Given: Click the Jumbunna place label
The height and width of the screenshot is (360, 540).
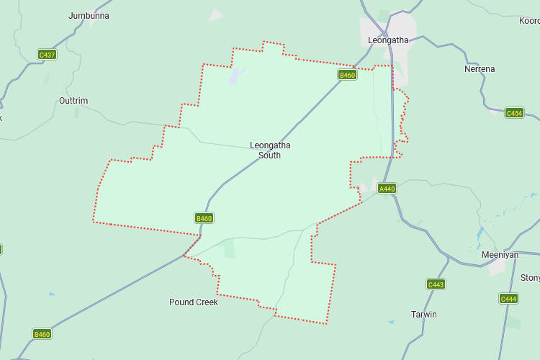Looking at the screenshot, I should (89, 15).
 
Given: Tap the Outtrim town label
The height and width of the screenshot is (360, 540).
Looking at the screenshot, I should (73, 101).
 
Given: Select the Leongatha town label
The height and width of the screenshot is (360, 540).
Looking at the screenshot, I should (387, 40).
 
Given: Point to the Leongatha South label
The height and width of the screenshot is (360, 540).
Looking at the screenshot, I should (270, 150).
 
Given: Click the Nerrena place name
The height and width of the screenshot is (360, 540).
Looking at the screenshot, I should (480, 69).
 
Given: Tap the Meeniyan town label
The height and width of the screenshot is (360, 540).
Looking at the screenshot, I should (500, 255).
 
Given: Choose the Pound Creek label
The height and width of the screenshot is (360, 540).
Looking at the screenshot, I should (193, 302).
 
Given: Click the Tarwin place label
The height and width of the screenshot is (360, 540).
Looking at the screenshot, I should (423, 315).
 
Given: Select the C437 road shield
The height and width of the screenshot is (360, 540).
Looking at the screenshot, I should (47, 55).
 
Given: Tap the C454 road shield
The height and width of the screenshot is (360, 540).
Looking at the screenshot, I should (514, 113).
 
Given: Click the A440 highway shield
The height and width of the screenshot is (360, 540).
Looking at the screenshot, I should (387, 189).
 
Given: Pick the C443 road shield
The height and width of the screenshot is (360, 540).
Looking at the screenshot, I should (436, 284).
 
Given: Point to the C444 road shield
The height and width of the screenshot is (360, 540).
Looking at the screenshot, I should (508, 298).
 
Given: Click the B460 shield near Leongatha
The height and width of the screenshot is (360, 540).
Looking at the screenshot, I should (347, 75).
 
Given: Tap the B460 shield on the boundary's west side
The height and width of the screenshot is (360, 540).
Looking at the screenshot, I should (204, 217).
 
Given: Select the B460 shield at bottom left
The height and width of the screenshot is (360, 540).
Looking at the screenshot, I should (42, 333).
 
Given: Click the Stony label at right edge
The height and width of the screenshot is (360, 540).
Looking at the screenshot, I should (530, 278).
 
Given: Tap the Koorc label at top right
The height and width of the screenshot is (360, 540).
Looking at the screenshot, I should (529, 21).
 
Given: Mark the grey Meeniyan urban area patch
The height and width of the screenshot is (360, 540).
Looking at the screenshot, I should (497, 268).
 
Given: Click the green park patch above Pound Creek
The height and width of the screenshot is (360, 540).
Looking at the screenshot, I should (229, 249).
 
